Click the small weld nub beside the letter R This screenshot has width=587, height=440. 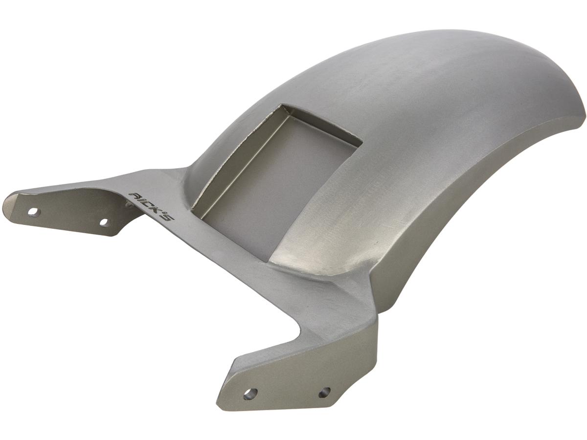click(130, 205)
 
